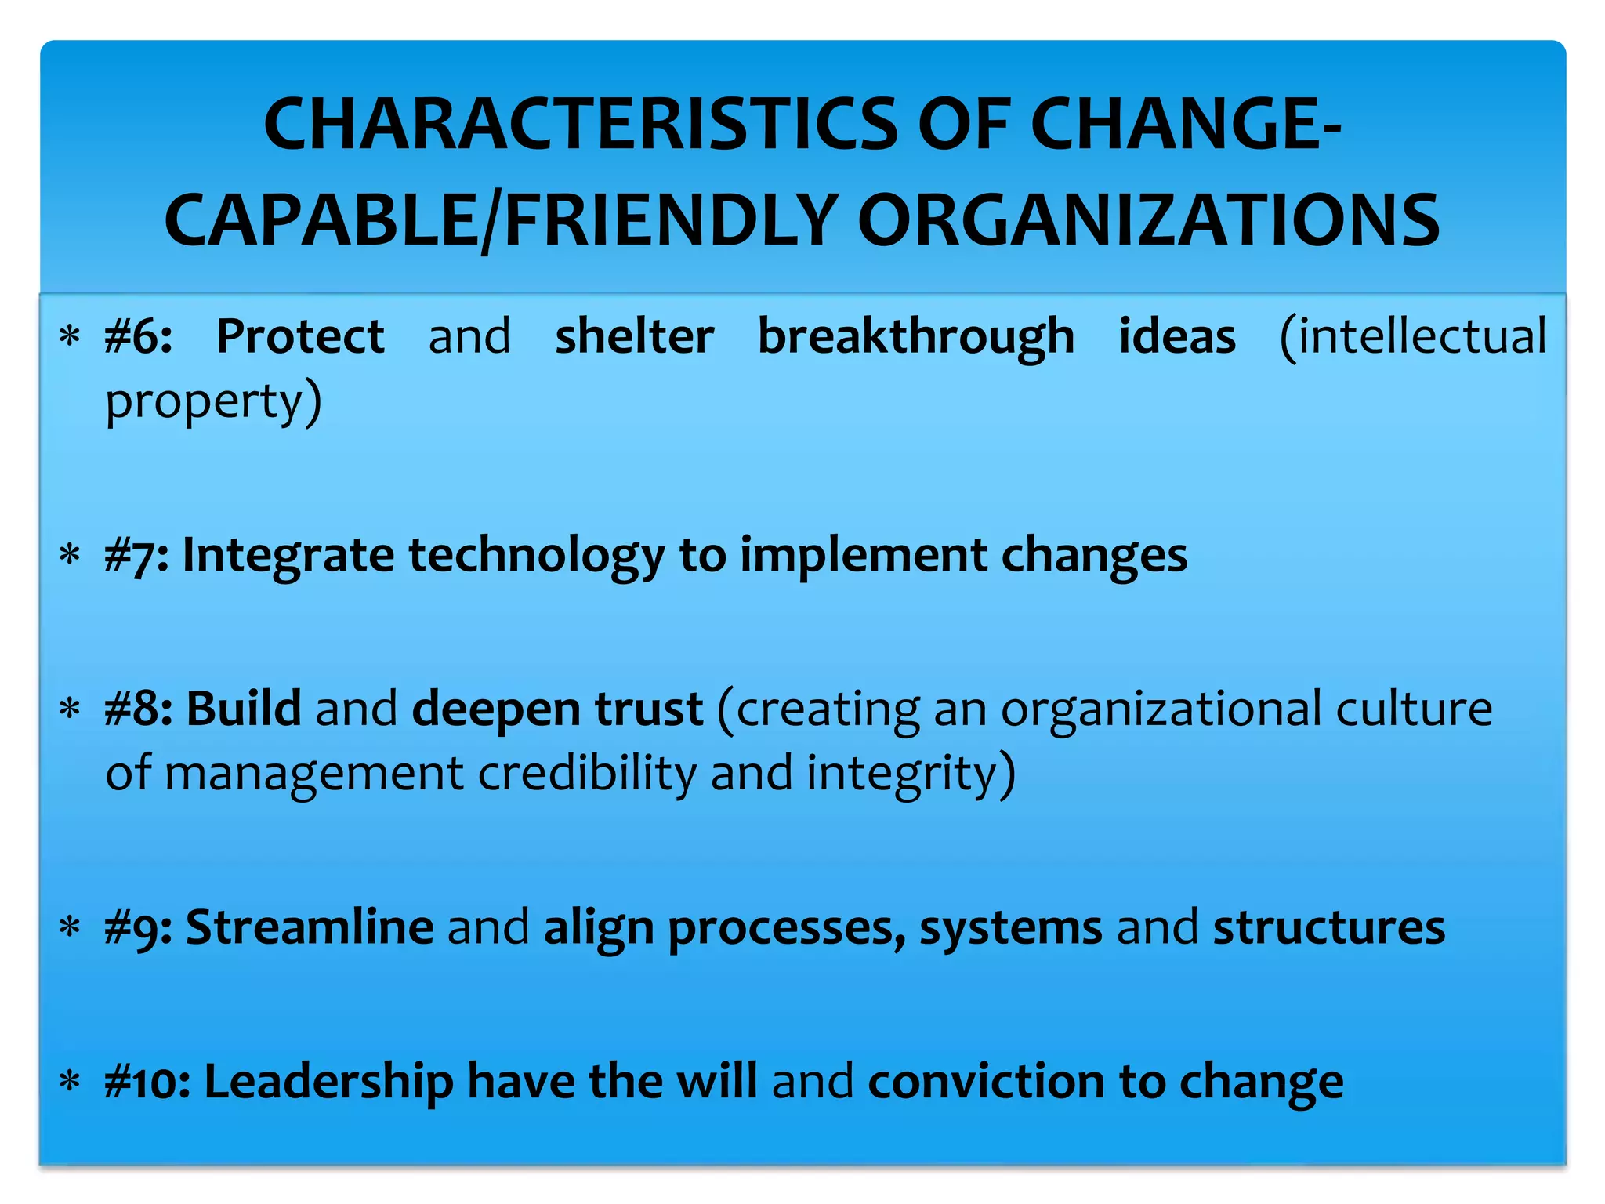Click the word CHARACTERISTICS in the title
(x=580, y=125)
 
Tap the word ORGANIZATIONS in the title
(x=1149, y=221)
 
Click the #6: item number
(x=139, y=337)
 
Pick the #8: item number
(x=139, y=709)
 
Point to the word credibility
(x=587, y=774)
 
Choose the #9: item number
(x=138, y=928)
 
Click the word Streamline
(x=310, y=927)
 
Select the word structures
(x=1328, y=927)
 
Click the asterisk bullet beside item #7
(x=71, y=556)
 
